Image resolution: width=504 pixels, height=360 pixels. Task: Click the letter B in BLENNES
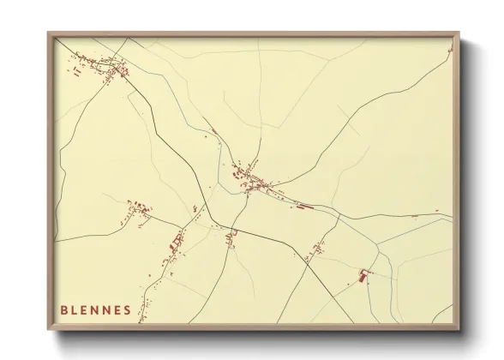click(64, 309)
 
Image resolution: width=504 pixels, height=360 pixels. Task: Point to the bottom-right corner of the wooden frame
click(459, 328)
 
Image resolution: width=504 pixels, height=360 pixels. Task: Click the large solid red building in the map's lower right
click(363, 276)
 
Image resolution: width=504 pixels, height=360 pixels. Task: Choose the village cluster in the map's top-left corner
click(101, 65)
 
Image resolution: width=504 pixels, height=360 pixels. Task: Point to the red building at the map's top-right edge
click(449, 50)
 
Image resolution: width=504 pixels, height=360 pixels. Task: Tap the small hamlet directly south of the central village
click(231, 235)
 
